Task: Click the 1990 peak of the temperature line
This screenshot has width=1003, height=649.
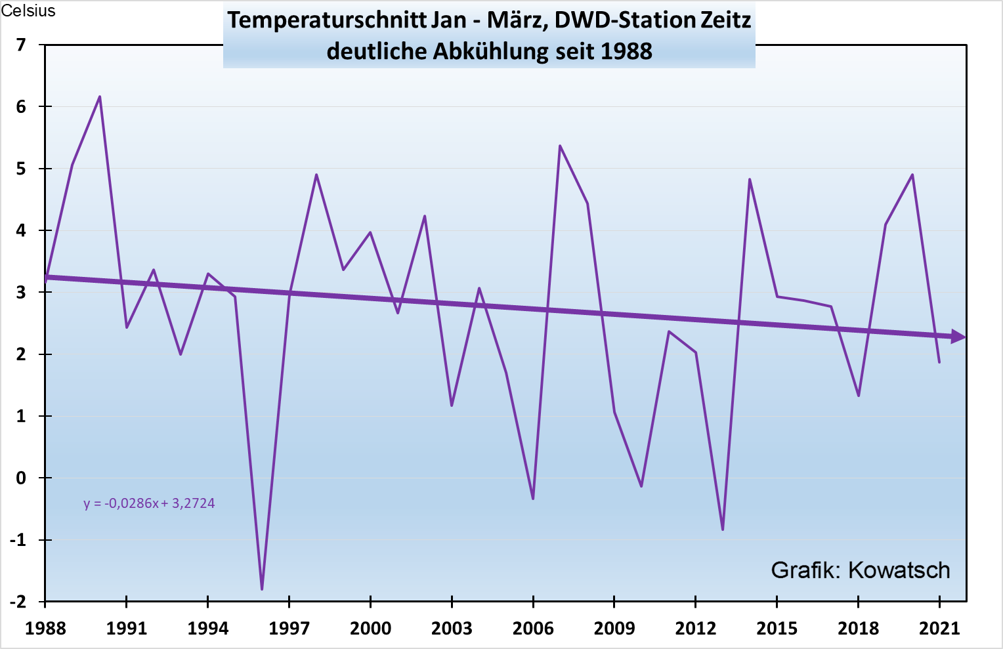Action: tap(100, 97)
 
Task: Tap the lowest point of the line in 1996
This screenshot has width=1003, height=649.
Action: tap(262, 589)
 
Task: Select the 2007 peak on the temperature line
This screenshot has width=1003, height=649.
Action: tap(560, 146)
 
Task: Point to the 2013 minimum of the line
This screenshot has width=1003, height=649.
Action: tap(723, 529)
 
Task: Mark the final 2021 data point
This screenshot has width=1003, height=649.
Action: tap(939, 362)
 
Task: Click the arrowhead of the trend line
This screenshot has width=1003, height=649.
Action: tap(959, 337)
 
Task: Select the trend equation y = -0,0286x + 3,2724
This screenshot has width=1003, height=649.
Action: tap(149, 503)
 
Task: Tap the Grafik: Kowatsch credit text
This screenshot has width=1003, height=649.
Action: tap(860, 570)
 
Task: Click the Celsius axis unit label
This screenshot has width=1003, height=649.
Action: tap(28, 11)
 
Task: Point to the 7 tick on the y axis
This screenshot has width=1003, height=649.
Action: tap(22, 45)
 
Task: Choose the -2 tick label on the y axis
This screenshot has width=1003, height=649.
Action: tap(18, 601)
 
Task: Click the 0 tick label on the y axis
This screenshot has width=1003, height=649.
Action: tap(22, 478)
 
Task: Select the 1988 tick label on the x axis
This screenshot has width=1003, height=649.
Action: tap(45, 628)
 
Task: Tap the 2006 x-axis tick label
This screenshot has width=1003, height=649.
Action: tap(533, 628)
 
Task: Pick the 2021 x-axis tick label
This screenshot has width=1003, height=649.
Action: tap(939, 628)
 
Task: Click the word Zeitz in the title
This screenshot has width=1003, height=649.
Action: tap(725, 20)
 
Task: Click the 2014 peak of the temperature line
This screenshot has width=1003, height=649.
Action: tap(750, 179)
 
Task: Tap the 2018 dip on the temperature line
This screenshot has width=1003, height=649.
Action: tap(858, 396)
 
